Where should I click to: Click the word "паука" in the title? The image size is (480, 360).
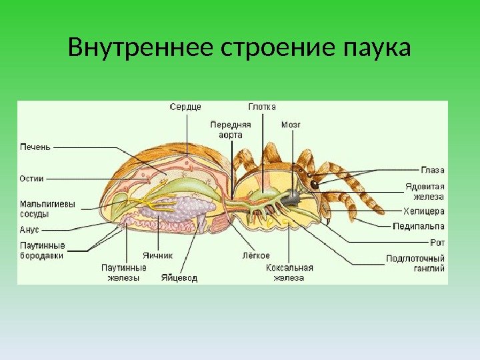pyautogui.click(x=376, y=50)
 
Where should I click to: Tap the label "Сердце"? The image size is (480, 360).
pyautogui.click(x=186, y=107)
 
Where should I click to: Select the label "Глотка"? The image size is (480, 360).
pyautogui.click(x=262, y=107)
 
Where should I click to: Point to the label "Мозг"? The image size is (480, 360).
pyautogui.click(x=291, y=124)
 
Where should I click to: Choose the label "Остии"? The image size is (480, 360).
pyautogui.click(x=32, y=179)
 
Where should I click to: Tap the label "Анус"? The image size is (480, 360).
pyautogui.click(x=30, y=229)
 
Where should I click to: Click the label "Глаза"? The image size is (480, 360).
pyautogui.click(x=433, y=170)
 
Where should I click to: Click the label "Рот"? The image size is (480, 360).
pyautogui.click(x=437, y=243)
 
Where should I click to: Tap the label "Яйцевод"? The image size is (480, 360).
pyautogui.click(x=179, y=278)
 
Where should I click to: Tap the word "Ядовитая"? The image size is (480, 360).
pyautogui.click(x=425, y=187)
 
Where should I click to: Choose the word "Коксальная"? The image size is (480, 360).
pyautogui.click(x=289, y=267)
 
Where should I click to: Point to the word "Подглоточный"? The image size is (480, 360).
pyautogui.click(x=415, y=258)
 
